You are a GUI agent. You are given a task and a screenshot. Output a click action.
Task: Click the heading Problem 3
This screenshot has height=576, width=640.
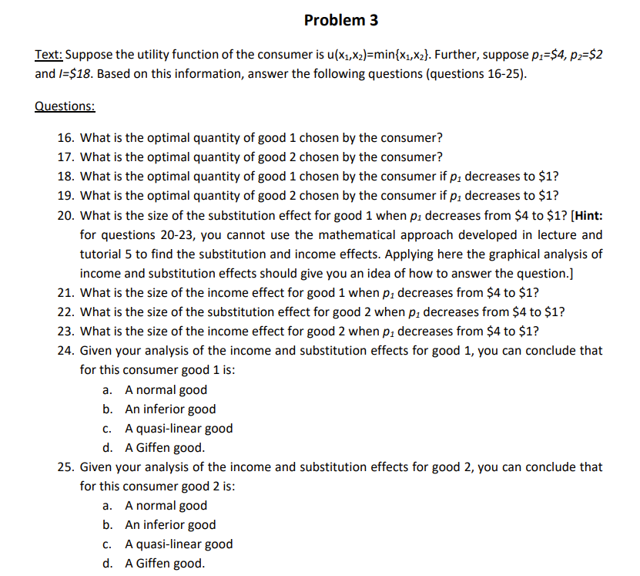(x=340, y=20)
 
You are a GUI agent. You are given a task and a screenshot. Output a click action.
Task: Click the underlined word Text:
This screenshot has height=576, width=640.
(x=51, y=56)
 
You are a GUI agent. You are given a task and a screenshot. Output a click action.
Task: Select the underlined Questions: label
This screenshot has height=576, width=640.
(x=65, y=107)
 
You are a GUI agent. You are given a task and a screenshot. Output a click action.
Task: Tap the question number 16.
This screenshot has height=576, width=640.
(x=65, y=139)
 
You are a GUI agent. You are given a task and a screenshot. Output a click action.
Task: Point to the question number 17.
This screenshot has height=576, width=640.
(x=65, y=157)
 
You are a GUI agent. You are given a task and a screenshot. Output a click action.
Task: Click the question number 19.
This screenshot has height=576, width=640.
(x=65, y=195)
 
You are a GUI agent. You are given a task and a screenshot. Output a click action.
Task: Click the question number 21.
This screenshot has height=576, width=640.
(x=65, y=293)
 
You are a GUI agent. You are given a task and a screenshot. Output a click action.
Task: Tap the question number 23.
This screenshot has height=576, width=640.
(x=65, y=332)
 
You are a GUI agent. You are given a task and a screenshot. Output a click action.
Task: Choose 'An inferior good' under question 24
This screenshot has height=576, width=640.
(x=170, y=409)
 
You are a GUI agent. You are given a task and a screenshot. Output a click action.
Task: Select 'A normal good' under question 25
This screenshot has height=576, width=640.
(x=166, y=506)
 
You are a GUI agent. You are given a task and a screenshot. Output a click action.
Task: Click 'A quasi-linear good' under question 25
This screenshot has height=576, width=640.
(x=179, y=544)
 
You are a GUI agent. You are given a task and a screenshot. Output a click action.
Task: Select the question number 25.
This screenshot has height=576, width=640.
(x=65, y=467)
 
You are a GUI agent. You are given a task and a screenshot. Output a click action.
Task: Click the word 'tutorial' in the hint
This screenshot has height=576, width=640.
(x=102, y=254)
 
